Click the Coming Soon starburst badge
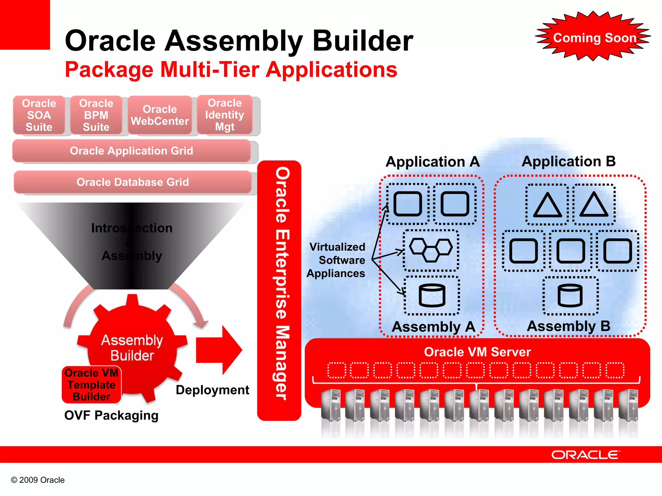click(x=594, y=37)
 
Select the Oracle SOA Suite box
click(x=39, y=115)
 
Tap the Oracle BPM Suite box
click(x=96, y=115)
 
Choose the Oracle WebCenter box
click(x=160, y=115)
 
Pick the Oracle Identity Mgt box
click(x=225, y=115)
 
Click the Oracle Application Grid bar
click(x=131, y=151)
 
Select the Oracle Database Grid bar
click(x=133, y=182)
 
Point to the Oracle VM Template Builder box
click(x=91, y=385)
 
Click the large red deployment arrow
click(x=219, y=350)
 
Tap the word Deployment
click(x=212, y=390)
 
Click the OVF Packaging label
click(x=111, y=415)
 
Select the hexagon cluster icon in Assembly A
click(x=431, y=250)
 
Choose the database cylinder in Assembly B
click(x=570, y=295)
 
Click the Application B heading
click(x=569, y=161)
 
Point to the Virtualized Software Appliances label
click(x=336, y=260)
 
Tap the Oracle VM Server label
click(x=477, y=352)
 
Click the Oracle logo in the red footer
click(x=585, y=455)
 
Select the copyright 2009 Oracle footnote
click(x=38, y=480)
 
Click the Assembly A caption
click(x=433, y=327)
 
